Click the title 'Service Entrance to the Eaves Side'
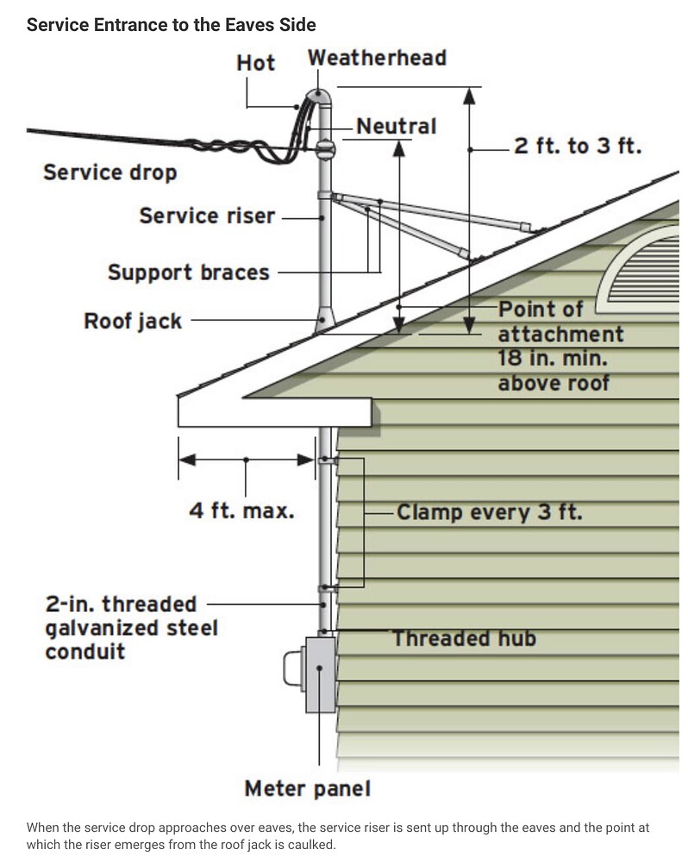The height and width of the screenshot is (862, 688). coord(171,23)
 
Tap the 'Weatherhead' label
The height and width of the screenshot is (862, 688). coord(377,59)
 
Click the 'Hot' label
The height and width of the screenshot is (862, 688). coord(255,62)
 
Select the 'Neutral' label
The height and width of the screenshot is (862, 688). coord(396,126)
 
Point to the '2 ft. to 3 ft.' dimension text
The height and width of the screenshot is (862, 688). coord(578,146)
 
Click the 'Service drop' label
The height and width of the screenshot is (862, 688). coord(109,172)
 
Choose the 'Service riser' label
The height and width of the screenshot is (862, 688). coord(206,215)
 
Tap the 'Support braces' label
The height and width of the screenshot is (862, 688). coord(188,273)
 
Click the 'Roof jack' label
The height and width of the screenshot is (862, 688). coord(133,322)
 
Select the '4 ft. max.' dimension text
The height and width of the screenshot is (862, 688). coord(241,510)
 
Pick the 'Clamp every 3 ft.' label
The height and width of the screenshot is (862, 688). coord(489,513)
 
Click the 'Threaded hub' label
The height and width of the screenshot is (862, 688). coord(464,639)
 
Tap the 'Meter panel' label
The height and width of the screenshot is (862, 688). coord(308,789)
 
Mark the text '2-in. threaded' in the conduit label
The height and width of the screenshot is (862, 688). coord(121,604)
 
